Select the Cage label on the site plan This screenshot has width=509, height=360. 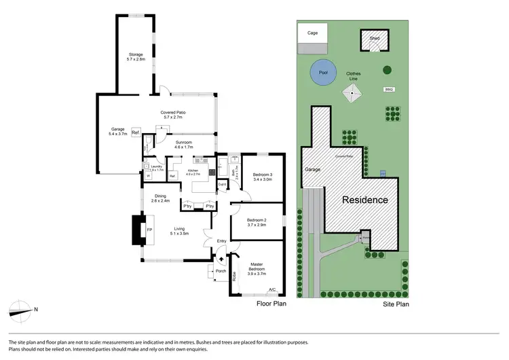[313, 32]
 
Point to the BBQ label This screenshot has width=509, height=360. [389, 89]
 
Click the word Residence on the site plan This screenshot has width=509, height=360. [364, 200]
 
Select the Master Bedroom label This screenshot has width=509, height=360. [257, 266]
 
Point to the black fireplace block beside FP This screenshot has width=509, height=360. [138, 230]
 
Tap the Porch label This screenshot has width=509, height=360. [221, 271]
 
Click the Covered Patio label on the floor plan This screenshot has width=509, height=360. [173, 115]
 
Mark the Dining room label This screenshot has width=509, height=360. [159, 198]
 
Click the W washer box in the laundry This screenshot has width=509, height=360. [148, 175]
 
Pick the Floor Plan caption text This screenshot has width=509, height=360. [271, 304]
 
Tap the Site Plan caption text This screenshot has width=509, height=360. [394, 304]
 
